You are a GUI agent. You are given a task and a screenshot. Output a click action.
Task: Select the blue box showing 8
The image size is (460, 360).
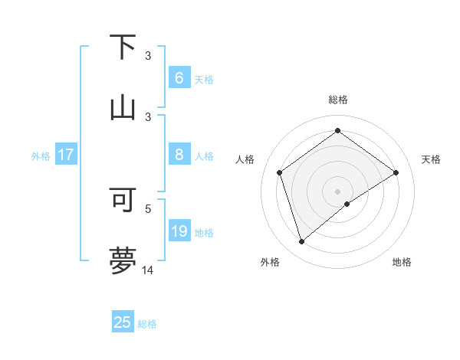(179, 155)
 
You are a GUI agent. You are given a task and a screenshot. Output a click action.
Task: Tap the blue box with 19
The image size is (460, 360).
(179, 231)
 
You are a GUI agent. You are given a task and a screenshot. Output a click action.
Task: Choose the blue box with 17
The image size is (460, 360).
(65, 155)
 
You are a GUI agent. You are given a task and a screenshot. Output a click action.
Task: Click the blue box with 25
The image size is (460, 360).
(123, 322)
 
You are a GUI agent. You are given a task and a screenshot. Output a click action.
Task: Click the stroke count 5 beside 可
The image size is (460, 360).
(148, 208)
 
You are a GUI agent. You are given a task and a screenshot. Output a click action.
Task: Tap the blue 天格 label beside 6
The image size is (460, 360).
(204, 79)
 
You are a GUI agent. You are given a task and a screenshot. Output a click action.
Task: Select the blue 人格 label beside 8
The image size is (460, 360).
(204, 156)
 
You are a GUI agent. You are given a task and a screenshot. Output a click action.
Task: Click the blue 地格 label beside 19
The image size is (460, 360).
(204, 233)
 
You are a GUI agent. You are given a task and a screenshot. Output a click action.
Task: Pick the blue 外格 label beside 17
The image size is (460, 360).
(41, 156)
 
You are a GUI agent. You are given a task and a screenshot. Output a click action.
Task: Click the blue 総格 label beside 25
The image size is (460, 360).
(147, 324)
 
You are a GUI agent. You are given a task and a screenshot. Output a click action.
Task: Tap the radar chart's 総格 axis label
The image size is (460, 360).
(338, 100)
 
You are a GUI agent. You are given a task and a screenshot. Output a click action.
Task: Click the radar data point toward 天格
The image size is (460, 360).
(396, 172)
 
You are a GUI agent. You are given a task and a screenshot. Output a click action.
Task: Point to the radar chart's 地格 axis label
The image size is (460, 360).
(402, 262)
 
